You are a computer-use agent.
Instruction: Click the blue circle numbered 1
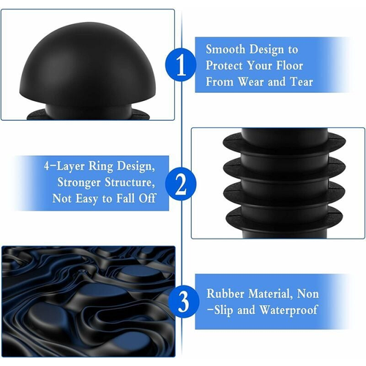(x=181, y=65)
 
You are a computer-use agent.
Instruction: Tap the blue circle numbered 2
(x=181, y=184)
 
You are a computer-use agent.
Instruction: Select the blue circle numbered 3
(x=184, y=302)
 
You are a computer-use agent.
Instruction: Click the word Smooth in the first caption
(x=225, y=50)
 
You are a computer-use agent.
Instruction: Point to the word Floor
(x=290, y=66)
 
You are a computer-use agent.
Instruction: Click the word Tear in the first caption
(x=302, y=82)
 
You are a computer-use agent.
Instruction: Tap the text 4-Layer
(x=64, y=167)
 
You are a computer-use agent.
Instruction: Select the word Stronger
(x=79, y=182)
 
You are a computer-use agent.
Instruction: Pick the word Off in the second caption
(x=147, y=198)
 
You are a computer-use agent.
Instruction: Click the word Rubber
(x=225, y=294)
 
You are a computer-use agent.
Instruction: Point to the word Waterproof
(x=288, y=310)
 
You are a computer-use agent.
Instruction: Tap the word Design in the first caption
(x=266, y=51)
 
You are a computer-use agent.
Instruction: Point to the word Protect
(x=224, y=66)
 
